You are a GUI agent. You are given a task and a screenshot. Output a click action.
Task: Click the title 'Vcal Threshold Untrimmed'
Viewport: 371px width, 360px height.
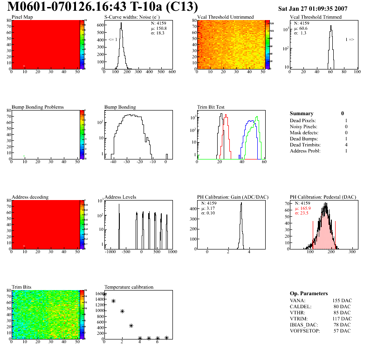tap(225, 17)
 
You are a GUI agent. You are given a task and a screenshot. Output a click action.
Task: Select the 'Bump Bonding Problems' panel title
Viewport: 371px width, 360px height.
tap(38, 107)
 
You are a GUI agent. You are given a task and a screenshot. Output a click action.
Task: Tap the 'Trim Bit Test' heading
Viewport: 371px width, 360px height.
tap(211, 107)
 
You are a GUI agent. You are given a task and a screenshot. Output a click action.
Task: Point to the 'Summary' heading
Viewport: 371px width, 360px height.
tap(302, 113)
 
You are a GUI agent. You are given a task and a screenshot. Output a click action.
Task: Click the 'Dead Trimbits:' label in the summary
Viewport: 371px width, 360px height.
tap(305, 145)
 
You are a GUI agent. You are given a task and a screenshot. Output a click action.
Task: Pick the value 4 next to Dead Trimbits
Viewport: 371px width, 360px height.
tap(346, 145)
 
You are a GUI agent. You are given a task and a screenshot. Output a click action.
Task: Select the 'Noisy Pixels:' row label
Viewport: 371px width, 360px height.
tap(304, 126)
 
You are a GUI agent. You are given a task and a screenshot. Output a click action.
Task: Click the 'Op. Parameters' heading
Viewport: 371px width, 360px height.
tap(309, 293)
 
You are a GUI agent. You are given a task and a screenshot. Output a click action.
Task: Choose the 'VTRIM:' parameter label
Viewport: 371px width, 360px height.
tap(298, 318)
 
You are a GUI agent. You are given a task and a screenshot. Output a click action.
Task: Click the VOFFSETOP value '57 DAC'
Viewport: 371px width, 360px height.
tap(342, 331)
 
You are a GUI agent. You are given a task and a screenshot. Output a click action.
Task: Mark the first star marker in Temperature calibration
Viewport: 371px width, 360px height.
tap(104, 294)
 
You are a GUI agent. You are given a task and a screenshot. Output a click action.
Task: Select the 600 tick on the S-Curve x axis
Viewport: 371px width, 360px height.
tap(172, 72)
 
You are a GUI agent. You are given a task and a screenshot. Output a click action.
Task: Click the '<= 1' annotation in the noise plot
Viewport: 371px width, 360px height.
tap(113, 40)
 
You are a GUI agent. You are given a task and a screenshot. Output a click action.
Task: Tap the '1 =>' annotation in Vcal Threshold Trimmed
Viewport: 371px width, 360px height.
tap(350, 40)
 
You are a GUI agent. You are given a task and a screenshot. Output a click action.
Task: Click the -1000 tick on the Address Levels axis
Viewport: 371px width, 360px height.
tap(110, 252)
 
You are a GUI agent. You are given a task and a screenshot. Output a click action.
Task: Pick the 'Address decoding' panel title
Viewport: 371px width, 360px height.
tap(30, 197)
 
